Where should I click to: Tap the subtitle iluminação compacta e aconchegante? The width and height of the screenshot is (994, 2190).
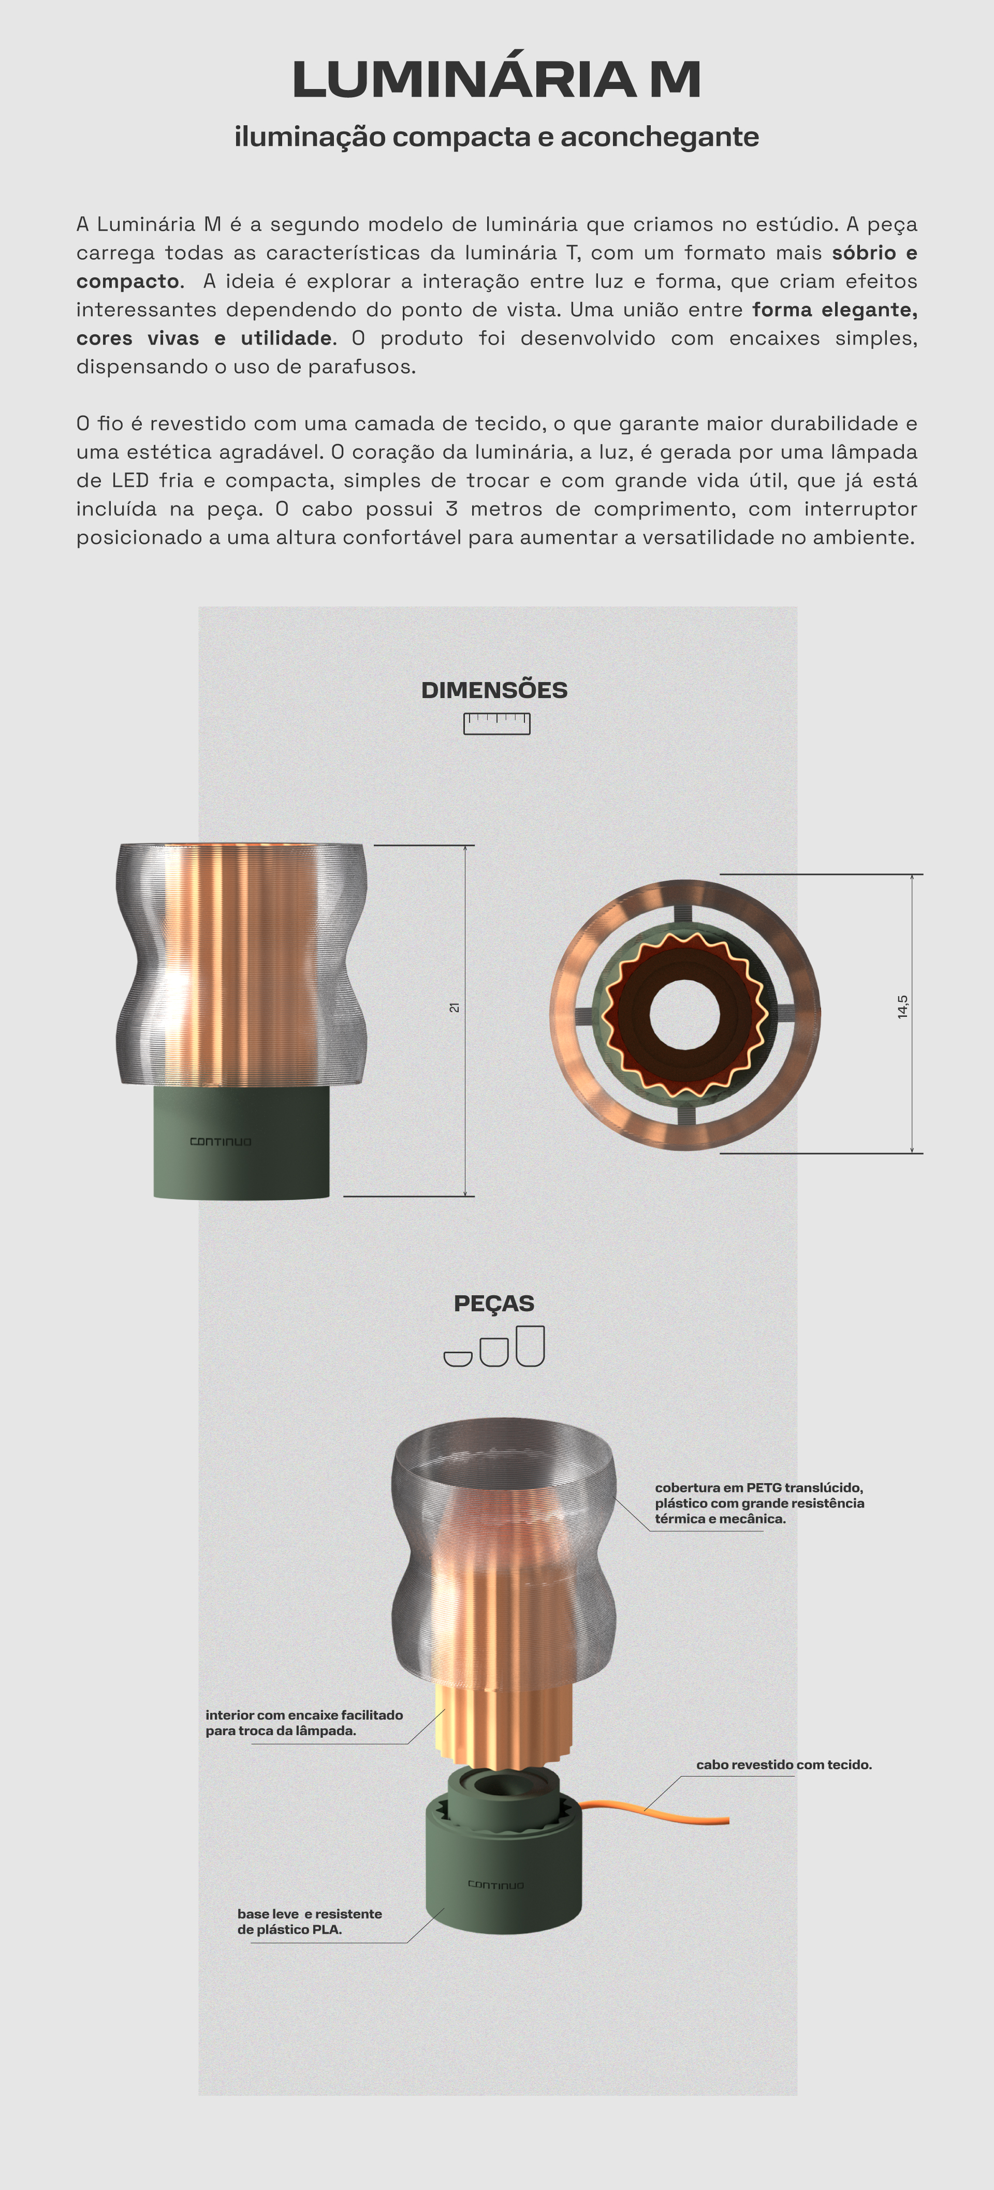[496, 137]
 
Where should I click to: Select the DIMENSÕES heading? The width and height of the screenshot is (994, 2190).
[494, 690]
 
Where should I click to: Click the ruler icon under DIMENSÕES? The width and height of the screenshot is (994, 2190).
[496, 723]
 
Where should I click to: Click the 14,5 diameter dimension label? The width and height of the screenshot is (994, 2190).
[902, 1007]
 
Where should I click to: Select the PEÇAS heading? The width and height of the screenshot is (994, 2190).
[494, 1303]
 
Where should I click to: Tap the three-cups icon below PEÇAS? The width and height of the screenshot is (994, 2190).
[494, 1346]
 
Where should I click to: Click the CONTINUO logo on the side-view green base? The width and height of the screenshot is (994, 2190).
[220, 1142]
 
